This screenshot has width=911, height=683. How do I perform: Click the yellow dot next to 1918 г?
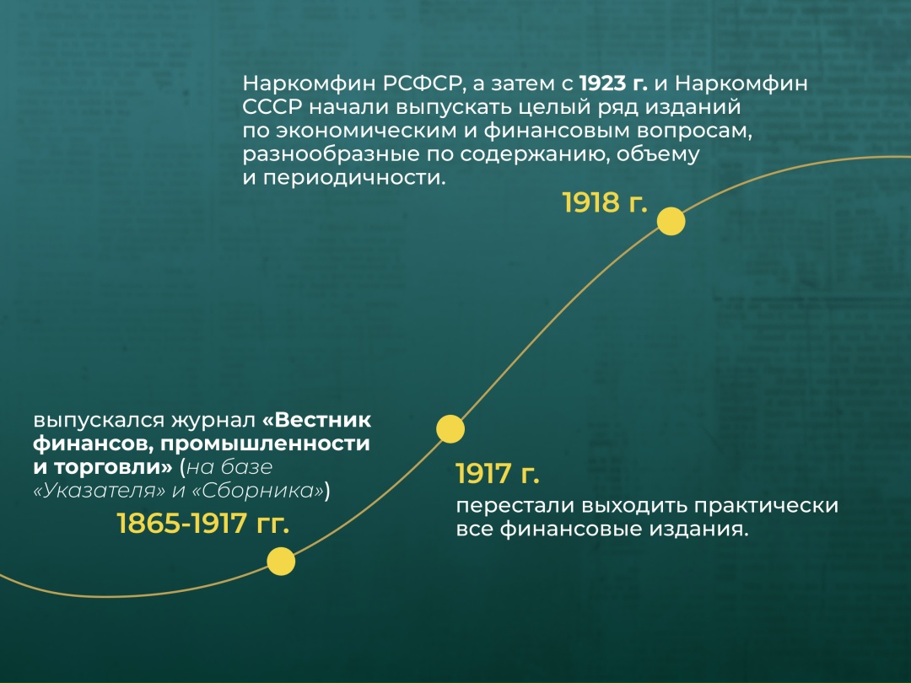click(x=671, y=222)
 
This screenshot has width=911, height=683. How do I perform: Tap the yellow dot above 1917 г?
click(x=450, y=428)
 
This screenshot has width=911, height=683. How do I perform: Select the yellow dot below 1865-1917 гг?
click(x=281, y=561)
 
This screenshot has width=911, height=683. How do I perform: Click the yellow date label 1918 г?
click(x=605, y=202)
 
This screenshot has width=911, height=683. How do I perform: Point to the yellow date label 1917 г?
click(x=497, y=474)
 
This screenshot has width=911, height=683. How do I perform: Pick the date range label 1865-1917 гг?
click(x=202, y=524)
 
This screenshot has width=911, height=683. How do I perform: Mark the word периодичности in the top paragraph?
click(x=355, y=179)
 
